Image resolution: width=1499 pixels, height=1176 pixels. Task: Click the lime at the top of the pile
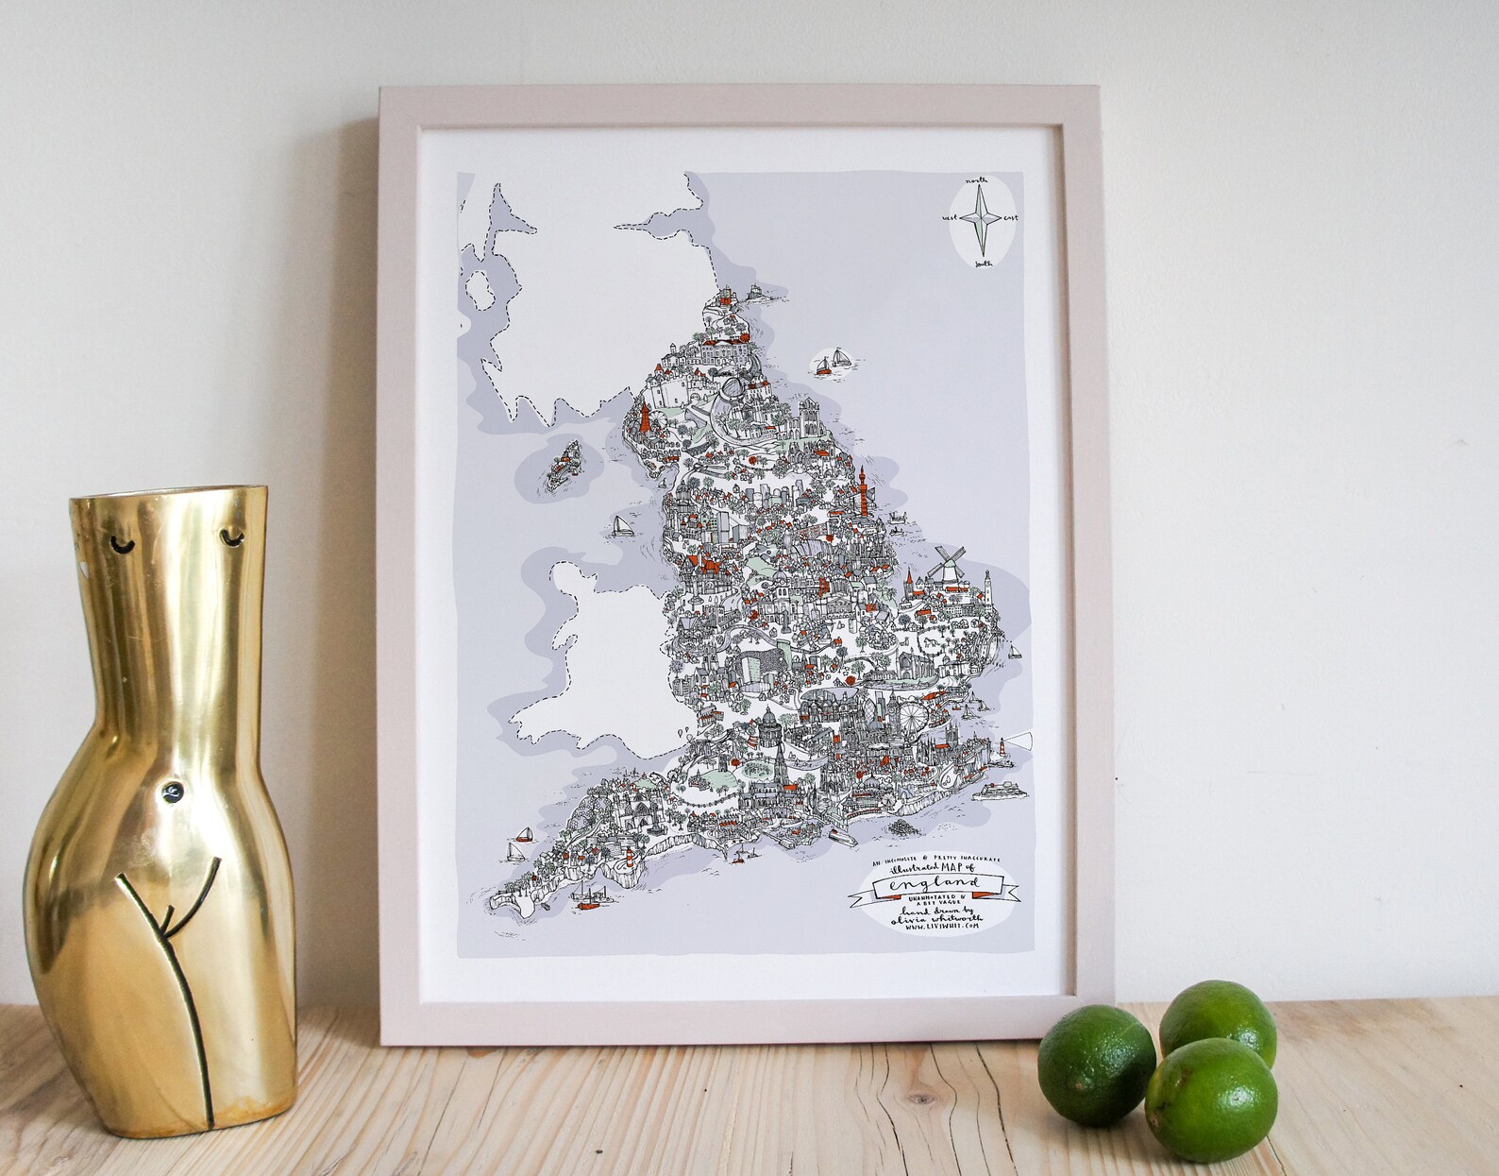(x=1217, y=1023)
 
